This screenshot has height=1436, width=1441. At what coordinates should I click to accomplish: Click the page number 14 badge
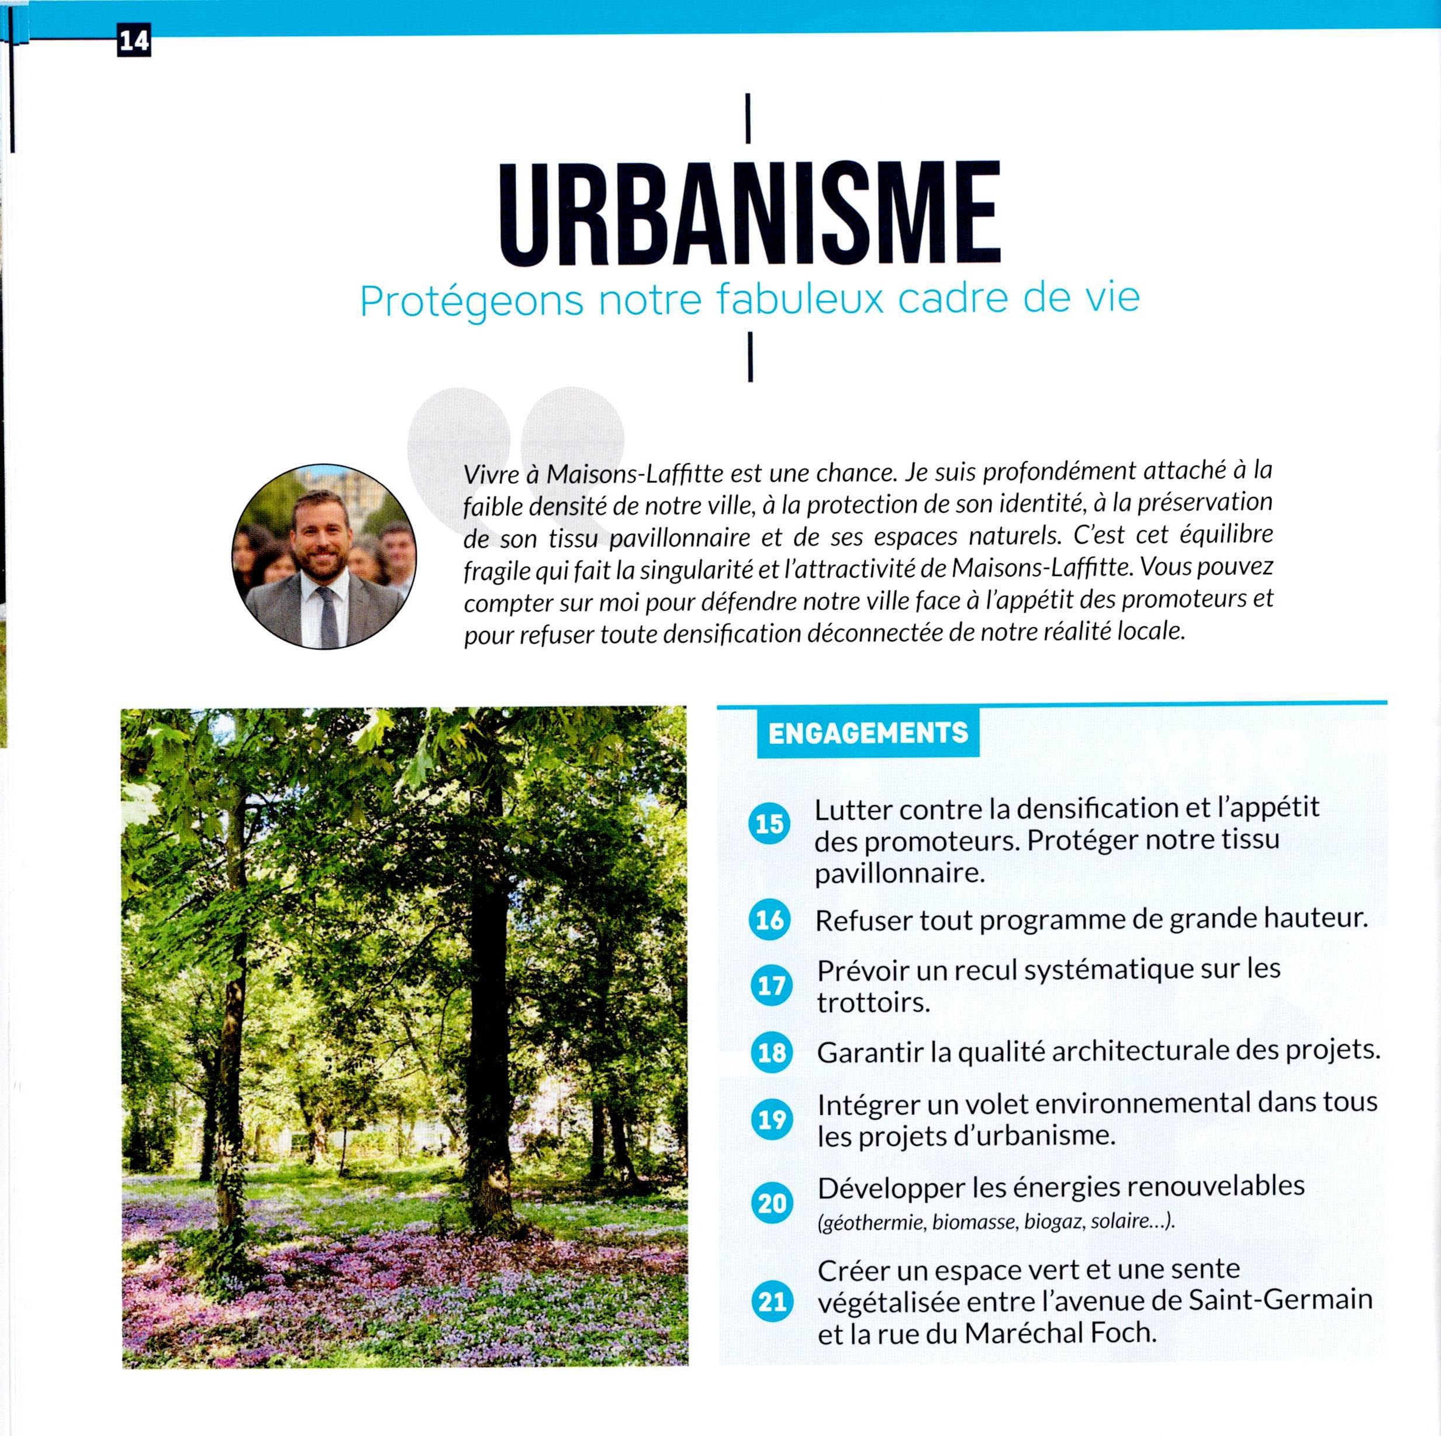133,42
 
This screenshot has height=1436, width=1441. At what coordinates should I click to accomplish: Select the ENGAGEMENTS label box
868,732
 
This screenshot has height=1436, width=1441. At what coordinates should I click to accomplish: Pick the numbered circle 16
770,919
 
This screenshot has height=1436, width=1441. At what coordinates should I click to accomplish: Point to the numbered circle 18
770,1052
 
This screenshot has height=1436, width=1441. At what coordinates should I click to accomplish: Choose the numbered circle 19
770,1120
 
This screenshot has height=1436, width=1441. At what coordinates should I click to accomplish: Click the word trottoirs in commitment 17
873,1003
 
